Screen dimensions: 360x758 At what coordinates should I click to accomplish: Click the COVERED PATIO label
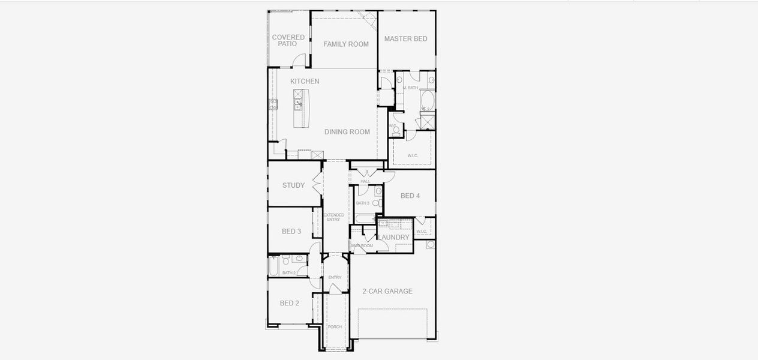tap(288, 40)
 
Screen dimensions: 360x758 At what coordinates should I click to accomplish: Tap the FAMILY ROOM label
tap(346, 44)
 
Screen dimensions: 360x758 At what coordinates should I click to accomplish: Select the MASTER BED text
tap(406, 39)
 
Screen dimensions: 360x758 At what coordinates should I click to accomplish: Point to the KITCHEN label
tap(305, 81)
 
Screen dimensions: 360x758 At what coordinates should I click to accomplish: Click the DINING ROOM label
tap(347, 132)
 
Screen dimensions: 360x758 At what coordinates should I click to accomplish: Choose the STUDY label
tap(293, 185)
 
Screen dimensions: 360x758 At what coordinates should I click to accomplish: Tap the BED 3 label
tap(291, 232)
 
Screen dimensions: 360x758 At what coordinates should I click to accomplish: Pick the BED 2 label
tap(289, 303)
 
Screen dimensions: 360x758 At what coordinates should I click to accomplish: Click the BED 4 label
tap(410, 196)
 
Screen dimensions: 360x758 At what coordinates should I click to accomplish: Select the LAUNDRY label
tap(394, 238)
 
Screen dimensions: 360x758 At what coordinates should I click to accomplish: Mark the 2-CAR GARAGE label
tap(387, 292)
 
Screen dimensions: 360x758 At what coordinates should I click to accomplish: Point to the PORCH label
tap(335, 327)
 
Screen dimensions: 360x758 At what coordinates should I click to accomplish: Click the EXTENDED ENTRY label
tap(334, 217)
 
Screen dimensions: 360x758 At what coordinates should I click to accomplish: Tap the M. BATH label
tap(411, 88)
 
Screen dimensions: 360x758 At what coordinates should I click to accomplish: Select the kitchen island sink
tap(298, 104)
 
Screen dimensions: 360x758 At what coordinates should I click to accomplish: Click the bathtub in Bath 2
tap(273, 266)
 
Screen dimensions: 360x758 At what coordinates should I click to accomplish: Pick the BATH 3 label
tap(362, 203)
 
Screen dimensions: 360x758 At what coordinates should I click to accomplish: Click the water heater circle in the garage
tap(431, 245)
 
